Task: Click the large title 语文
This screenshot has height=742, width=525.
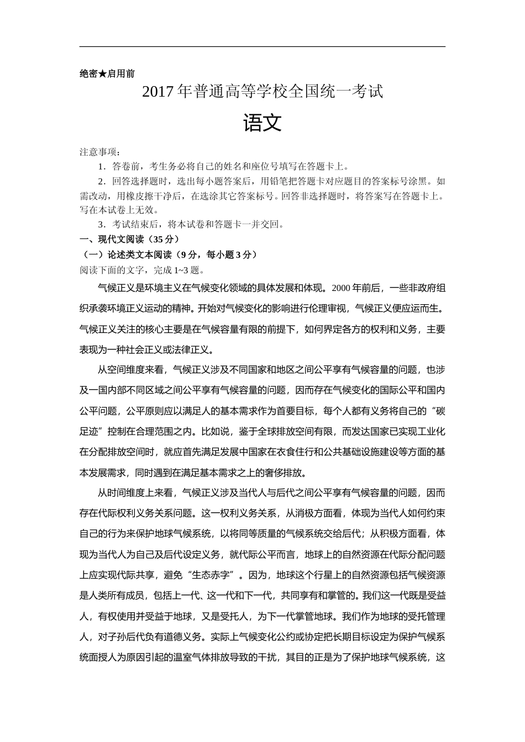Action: pyautogui.click(x=262, y=123)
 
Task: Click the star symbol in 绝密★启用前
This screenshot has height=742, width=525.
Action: pyautogui.click(x=103, y=73)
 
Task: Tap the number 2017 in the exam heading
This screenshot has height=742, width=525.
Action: pyautogui.click(x=158, y=92)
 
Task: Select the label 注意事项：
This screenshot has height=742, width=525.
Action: pyautogui.click(x=100, y=152)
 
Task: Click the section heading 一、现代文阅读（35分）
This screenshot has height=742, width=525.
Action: pyautogui.click(x=129, y=239)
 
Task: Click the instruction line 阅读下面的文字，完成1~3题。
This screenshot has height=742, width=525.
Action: pyautogui.click(x=143, y=270)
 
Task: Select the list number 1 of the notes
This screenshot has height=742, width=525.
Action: pyautogui.click(x=101, y=166)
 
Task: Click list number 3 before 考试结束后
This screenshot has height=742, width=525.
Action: pyautogui.click(x=101, y=224)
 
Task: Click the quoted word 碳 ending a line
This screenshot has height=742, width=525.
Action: pyautogui.click(x=439, y=411)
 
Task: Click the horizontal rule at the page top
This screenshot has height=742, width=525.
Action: pyautogui.click(x=262, y=47)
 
